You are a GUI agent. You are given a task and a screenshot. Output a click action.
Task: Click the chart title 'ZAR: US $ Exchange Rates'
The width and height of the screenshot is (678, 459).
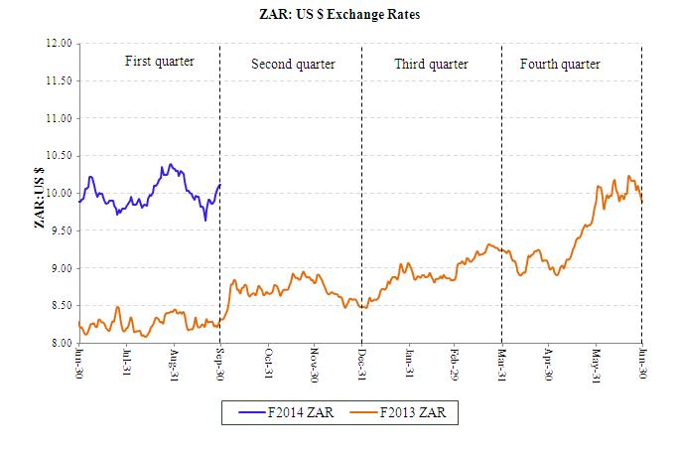[x=339, y=16]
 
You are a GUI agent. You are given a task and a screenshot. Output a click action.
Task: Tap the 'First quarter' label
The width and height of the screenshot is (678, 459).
[x=159, y=62]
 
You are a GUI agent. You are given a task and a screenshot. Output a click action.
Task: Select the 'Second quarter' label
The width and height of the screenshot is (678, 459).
[x=293, y=65]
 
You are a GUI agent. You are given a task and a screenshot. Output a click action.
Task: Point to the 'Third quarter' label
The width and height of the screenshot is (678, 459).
[x=431, y=65]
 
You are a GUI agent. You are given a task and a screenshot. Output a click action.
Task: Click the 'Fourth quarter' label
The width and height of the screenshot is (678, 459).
[x=560, y=65]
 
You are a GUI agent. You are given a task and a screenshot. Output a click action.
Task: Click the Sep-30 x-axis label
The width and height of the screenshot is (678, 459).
[x=220, y=363]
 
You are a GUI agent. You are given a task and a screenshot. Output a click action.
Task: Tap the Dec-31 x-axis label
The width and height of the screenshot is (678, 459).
[x=362, y=363]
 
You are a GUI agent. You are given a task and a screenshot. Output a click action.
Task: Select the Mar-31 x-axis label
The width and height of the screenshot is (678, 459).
[x=503, y=363]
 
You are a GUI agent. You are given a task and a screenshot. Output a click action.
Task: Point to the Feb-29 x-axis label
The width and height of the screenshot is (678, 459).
[x=456, y=363]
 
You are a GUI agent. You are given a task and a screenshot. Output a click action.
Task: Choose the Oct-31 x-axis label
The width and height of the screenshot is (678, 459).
[x=268, y=363]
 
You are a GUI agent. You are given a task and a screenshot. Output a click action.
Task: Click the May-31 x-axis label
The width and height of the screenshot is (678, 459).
[x=598, y=363]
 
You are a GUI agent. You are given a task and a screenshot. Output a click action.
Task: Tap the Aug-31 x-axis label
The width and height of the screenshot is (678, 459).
[x=174, y=363]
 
